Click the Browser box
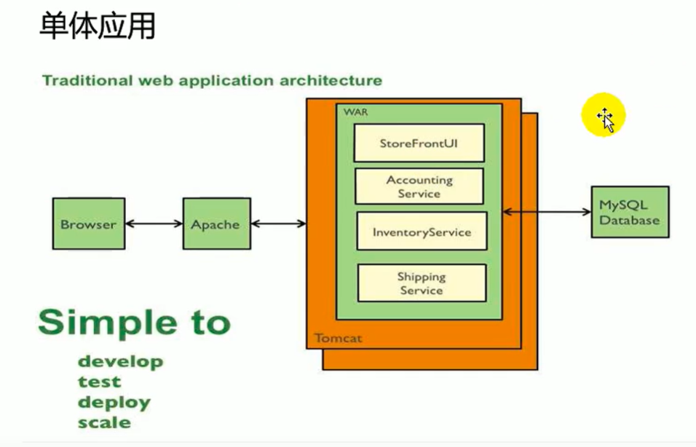tap(89, 223)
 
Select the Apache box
tap(217, 223)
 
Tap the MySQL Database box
tap(630, 212)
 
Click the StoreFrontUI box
tap(419, 143)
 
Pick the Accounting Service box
tap(419, 186)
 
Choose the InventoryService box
tap(422, 232)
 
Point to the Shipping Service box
tap(422, 283)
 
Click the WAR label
tap(355, 112)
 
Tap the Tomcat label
tap(339, 339)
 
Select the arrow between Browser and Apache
tap(154, 223)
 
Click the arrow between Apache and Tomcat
tap(278, 223)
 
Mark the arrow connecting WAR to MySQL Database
tap(547, 212)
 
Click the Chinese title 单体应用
tap(98, 25)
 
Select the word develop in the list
tap(120, 361)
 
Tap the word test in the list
tap(99, 381)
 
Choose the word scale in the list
tap(104, 422)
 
